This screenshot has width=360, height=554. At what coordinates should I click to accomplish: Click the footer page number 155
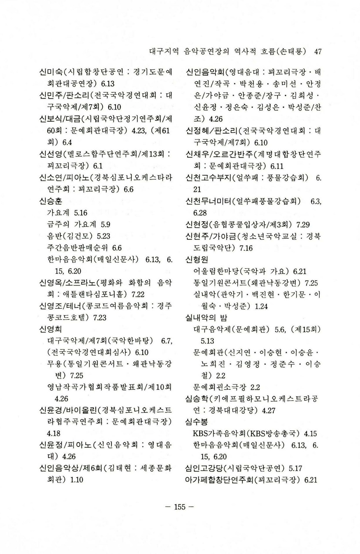pos(179,507)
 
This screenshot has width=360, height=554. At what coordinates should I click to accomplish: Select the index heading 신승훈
pos(51,201)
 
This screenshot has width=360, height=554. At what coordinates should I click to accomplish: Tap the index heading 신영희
pos(51,329)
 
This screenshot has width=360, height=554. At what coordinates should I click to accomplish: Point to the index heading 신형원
pos(197,260)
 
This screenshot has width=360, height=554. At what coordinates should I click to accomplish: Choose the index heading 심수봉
pos(197,422)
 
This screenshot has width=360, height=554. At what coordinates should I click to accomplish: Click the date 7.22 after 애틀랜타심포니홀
pos(137,294)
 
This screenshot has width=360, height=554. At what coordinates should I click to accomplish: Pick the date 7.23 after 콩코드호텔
pos(99,318)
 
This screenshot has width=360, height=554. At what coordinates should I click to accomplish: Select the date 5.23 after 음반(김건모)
pos(103,236)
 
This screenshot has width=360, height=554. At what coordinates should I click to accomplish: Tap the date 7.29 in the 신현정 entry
pos(303,225)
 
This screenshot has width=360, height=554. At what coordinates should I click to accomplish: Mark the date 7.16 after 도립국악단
pos(246,248)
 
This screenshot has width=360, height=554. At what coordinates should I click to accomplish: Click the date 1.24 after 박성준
pos(261,306)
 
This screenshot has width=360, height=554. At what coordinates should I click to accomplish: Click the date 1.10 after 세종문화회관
pos(77,480)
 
